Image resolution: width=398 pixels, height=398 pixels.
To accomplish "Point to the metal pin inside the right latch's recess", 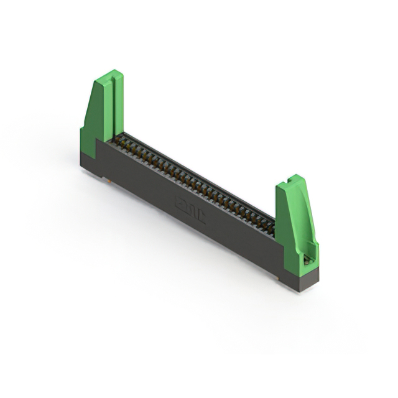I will [x=307, y=260].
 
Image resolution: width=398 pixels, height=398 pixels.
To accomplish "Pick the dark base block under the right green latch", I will [x=298, y=277].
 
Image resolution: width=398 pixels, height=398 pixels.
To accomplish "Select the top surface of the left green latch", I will [x=109, y=76].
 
